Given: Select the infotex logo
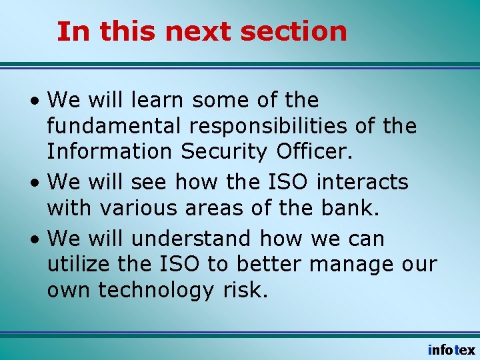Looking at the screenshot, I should coord(451,349).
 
